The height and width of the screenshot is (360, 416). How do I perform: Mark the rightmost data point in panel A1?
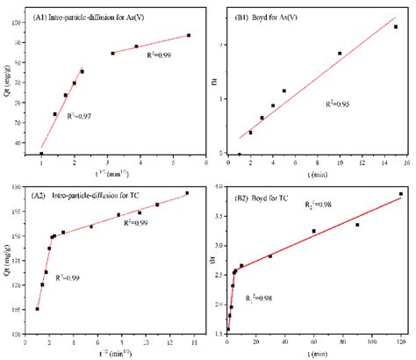[189, 35]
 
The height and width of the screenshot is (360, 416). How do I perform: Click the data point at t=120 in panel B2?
[401, 194]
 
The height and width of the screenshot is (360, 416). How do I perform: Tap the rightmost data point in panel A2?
[187, 193]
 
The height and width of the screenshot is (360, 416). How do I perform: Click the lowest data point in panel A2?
[37, 308]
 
